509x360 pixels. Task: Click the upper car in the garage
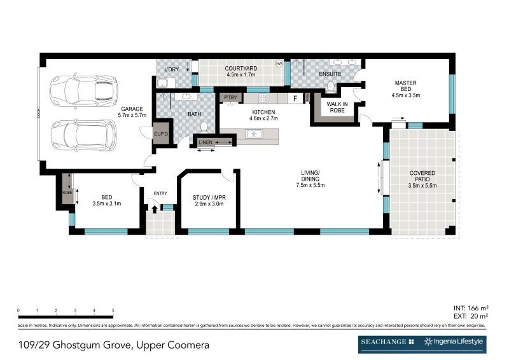point(84,89)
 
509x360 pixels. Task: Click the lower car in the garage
point(84,134)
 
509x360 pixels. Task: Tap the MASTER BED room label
point(405,89)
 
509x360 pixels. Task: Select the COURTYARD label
point(241,71)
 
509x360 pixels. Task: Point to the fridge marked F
point(296,99)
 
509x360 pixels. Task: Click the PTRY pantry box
point(229,97)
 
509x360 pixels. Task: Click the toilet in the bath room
point(204,127)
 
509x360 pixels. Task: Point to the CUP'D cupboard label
point(161,134)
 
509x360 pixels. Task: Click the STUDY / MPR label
point(209,201)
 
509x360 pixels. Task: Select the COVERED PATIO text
point(422,176)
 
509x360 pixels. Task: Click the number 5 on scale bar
point(113,311)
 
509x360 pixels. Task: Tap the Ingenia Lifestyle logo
point(453,342)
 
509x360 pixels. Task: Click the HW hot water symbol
point(279,64)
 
